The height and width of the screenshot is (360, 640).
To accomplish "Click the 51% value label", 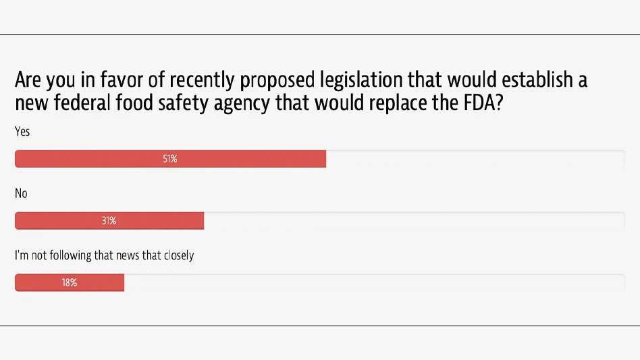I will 169,159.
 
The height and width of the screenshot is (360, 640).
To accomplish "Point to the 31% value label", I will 109,221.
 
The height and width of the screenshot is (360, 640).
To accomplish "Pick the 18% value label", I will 69,283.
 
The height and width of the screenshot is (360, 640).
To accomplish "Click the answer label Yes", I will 22,132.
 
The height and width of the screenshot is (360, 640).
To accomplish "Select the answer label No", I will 21,194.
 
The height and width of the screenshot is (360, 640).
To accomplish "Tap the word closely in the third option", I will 177,255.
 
